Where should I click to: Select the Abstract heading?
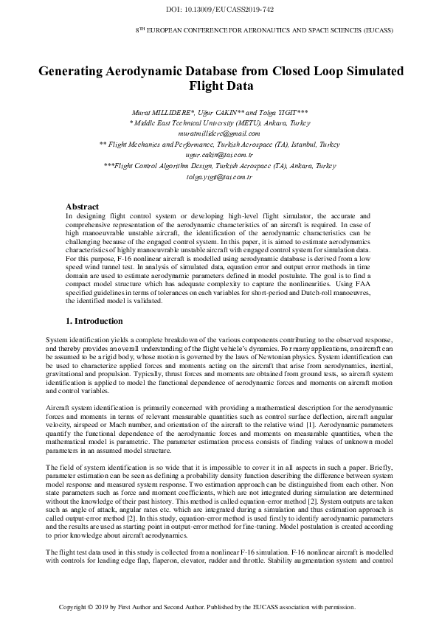point(83,207)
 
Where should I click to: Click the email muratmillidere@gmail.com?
point(220,133)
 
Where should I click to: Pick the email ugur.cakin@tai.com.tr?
point(220,156)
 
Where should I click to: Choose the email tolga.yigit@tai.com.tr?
point(220,178)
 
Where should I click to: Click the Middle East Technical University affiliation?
point(220,122)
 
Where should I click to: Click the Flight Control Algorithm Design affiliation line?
point(220,167)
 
